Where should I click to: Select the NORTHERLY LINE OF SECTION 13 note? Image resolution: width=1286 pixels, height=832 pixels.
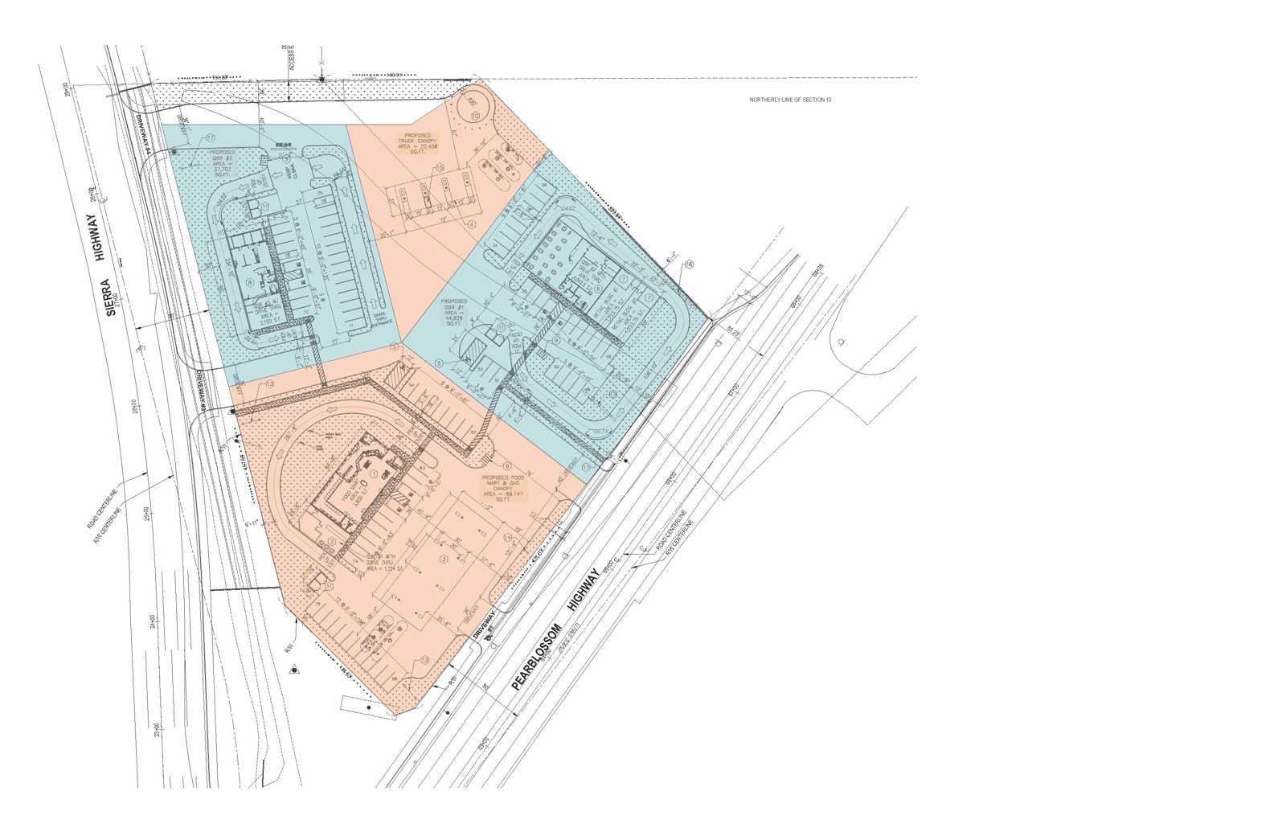coord(789,100)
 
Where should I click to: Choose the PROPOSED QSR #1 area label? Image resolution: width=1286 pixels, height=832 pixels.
coord(454,309)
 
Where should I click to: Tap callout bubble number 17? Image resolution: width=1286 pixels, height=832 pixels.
coord(211,137)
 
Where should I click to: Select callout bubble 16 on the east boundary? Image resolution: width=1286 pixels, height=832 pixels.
coord(689,263)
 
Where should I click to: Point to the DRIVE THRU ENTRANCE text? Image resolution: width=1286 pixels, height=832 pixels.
coord(384,319)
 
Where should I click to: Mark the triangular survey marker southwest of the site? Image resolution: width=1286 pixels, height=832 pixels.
coord(295,668)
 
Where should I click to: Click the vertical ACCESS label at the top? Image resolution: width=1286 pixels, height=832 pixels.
coord(293,55)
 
